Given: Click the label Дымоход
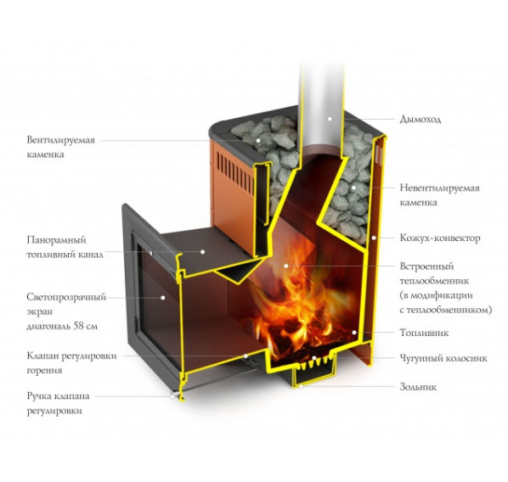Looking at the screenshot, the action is click(420, 120).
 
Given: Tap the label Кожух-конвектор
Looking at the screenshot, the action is click(440, 238).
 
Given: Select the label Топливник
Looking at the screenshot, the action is click(424, 333).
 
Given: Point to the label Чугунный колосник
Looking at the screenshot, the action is click(443, 358).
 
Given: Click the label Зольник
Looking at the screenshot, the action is click(418, 387).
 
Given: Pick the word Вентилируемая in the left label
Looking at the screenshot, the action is click(61, 141).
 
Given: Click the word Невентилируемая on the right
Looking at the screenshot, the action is click(439, 188).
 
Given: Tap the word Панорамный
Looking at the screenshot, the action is click(56, 240).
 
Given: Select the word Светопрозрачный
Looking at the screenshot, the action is click(66, 298).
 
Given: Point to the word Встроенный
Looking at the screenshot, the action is click(426, 266).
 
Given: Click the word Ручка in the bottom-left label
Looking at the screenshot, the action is click(39, 396).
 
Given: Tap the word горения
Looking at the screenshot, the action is click(44, 371).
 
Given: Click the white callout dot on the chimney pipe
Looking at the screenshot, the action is click(330, 119).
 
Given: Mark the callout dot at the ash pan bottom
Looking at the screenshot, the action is click(301, 386).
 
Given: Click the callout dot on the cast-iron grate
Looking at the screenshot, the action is click(313, 358).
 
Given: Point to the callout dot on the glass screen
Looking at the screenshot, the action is click(163, 298).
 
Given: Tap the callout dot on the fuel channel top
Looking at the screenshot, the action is click(202, 251).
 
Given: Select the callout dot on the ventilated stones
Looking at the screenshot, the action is click(258, 141).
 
